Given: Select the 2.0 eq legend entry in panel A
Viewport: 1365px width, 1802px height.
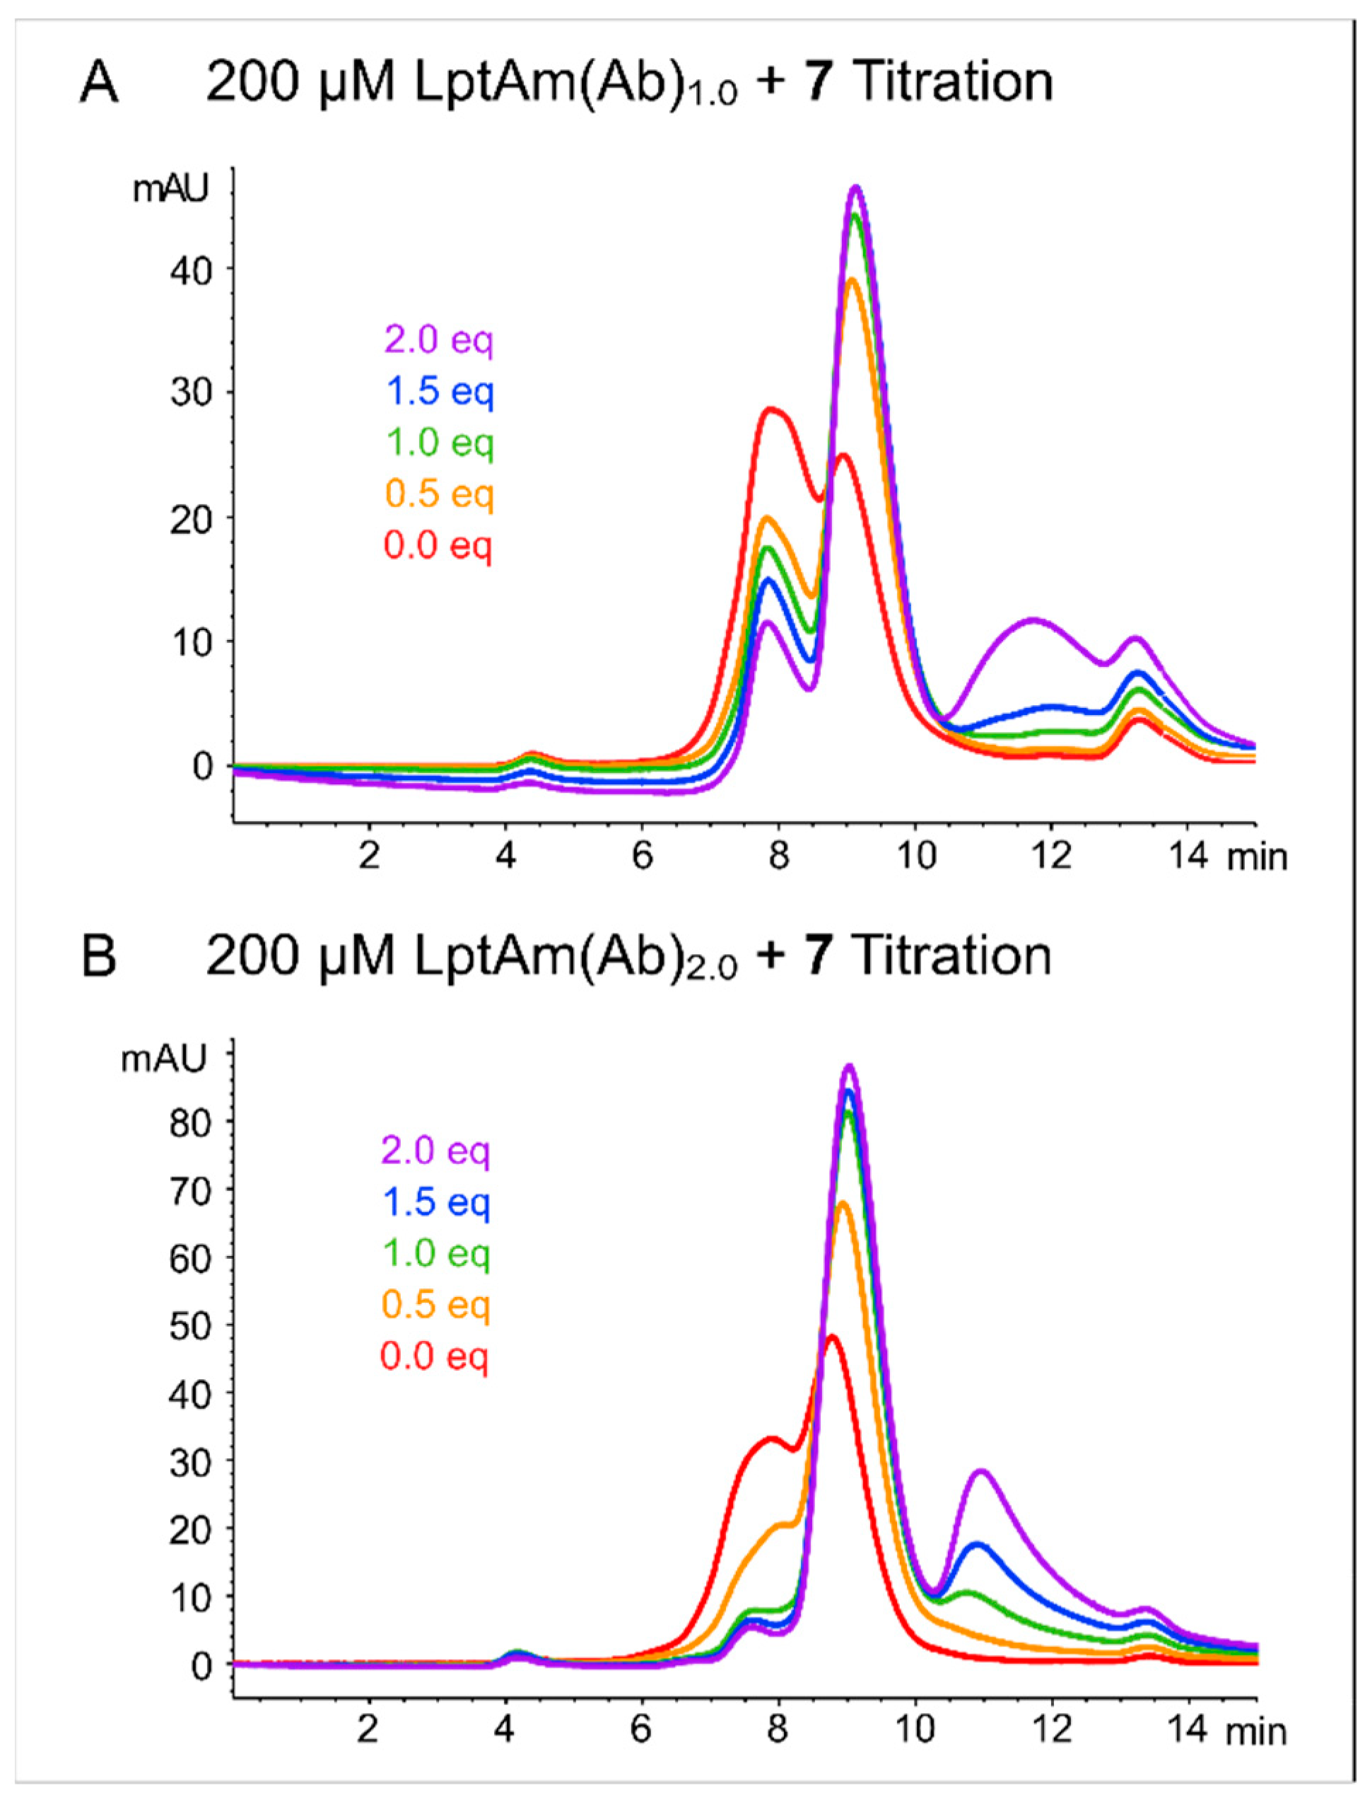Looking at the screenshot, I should tap(439, 339).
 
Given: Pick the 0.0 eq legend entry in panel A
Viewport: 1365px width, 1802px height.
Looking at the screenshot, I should tap(439, 545).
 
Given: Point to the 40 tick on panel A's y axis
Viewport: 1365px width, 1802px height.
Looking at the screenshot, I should tap(189, 269).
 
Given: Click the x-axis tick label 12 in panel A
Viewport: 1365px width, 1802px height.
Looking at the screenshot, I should tap(1051, 857).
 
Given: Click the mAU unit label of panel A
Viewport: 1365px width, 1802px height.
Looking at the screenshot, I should tap(171, 189).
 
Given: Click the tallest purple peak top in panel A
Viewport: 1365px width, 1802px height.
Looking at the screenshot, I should tap(855, 188).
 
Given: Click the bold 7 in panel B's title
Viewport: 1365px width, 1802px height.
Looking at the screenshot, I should tap(818, 956).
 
